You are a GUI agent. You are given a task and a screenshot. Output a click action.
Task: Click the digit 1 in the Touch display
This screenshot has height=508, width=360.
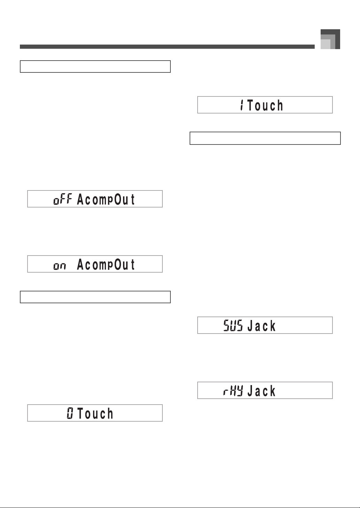tap(242, 105)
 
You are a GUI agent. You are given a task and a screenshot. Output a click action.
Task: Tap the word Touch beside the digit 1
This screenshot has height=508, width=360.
tap(265, 105)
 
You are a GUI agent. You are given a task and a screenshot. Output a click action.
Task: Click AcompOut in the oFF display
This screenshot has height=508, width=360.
tap(106, 200)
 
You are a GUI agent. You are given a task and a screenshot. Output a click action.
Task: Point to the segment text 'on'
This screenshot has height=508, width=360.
tap(60, 266)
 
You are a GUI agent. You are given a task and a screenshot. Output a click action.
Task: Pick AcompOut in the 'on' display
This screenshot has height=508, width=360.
tap(106, 264)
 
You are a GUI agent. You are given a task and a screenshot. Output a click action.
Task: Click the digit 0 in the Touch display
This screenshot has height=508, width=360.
tap(70, 413)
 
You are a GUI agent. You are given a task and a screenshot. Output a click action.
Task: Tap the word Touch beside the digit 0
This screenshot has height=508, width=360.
tap(95, 413)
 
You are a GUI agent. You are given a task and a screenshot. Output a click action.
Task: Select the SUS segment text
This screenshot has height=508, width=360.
tap(233, 326)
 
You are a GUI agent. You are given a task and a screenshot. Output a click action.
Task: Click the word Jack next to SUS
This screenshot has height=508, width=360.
tap(261, 326)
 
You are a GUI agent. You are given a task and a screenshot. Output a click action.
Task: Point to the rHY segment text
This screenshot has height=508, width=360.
tap(233, 391)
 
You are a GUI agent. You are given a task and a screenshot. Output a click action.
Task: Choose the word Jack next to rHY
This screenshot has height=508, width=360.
tap(261, 391)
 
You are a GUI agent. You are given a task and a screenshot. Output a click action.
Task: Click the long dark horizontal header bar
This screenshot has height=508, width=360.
tap(167, 47)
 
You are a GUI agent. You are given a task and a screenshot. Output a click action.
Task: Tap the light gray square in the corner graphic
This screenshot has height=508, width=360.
tap(325, 44)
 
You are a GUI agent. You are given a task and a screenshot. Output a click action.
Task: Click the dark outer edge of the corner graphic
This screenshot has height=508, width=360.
tap(338, 39)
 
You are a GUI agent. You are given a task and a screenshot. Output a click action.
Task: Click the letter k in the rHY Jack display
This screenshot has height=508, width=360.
tap(273, 391)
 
